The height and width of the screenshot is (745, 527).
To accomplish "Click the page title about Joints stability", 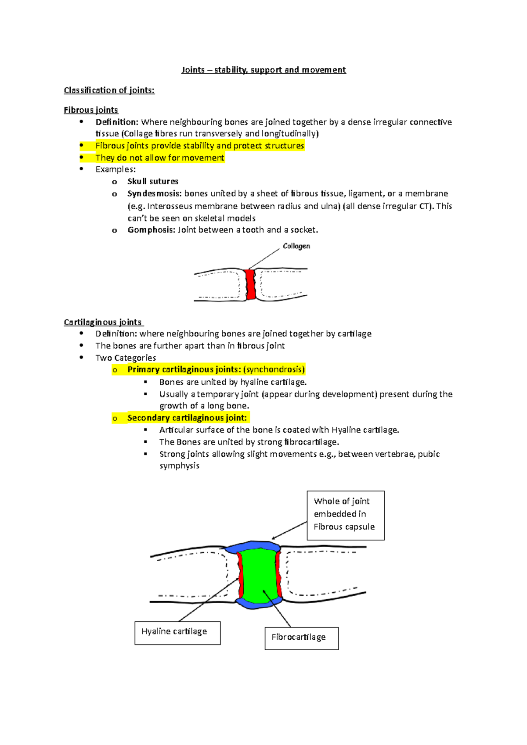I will pyautogui.click(x=263, y=70).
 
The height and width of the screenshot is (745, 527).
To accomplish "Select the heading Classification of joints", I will pyautogui.click(x=109, y=90).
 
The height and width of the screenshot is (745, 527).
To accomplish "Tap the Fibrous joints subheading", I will pyautogui.click(x=91, y=110).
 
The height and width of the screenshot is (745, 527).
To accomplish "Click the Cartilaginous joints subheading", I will pyautogui.click(x=103, y=322).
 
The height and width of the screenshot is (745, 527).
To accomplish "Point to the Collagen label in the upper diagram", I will pyautogui.click(x=296, y=246).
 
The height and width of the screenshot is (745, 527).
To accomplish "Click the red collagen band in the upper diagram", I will pyautogui.click(x=251, y=284).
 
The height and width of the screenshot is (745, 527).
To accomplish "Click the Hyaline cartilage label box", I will pyautogui.click(x=177, y=633).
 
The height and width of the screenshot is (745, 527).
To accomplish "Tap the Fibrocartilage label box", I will pyautogui.click(x=301, y=638).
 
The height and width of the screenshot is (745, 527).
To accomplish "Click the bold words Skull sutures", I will pyautogui.click(x=153, y=182).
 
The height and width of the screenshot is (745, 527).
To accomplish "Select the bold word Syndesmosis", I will pyautogui.click(x=154, y=194).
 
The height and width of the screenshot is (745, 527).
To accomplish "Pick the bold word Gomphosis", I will pyautogui.click(x=151, y=230).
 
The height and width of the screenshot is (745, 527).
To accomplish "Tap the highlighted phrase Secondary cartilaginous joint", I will pyautogui.click(x=187, y=418).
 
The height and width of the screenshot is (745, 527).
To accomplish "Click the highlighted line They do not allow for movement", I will pyautogui.click(x=160, y=158).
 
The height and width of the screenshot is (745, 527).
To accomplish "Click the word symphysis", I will pyautogui.click(x=179, y=466).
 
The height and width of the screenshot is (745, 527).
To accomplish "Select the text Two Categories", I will pyautogui.click(x=126, y=358).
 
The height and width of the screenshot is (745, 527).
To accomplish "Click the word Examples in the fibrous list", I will pyautogui.click(x=115, y=170).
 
